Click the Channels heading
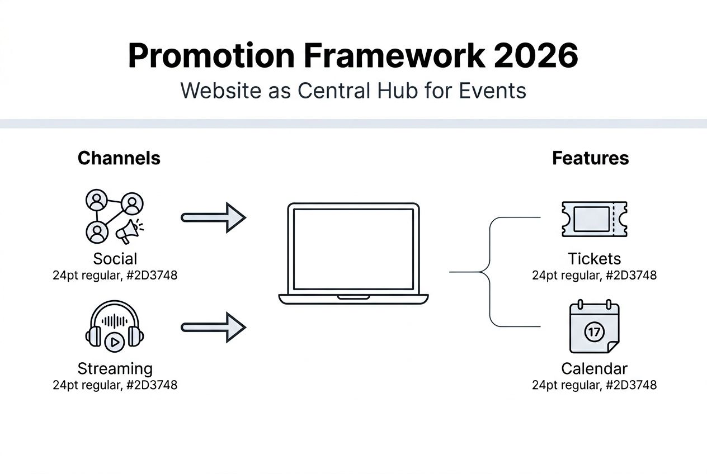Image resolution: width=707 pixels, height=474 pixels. click(x=119, y=158)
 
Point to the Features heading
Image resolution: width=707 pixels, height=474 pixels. click(x=590, y=158)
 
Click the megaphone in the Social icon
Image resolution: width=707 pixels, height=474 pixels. click(x=129, y=230)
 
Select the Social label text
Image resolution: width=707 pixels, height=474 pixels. click(x=115, y=259)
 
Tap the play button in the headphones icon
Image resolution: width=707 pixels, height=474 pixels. click(x=115, y=342)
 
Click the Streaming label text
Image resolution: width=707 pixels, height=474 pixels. click(x=115, y=369)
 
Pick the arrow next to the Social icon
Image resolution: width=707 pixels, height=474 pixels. click(x=214, y=217)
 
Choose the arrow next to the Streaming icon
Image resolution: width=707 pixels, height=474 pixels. click(x=214, y=327)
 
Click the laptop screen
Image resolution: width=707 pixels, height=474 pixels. click(x=353, y=249)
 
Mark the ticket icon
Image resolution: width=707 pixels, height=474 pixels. click(x=593, y=219)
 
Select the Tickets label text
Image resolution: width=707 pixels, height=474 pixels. click(x=594, y=259)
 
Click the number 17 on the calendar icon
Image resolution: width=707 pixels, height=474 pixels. click(x=594, y=332)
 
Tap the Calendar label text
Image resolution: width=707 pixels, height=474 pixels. click(x=594, y=369)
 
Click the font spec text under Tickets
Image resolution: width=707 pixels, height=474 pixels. click(x=594, y=276)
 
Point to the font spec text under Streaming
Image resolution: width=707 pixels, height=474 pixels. click(x=115, y=385)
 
